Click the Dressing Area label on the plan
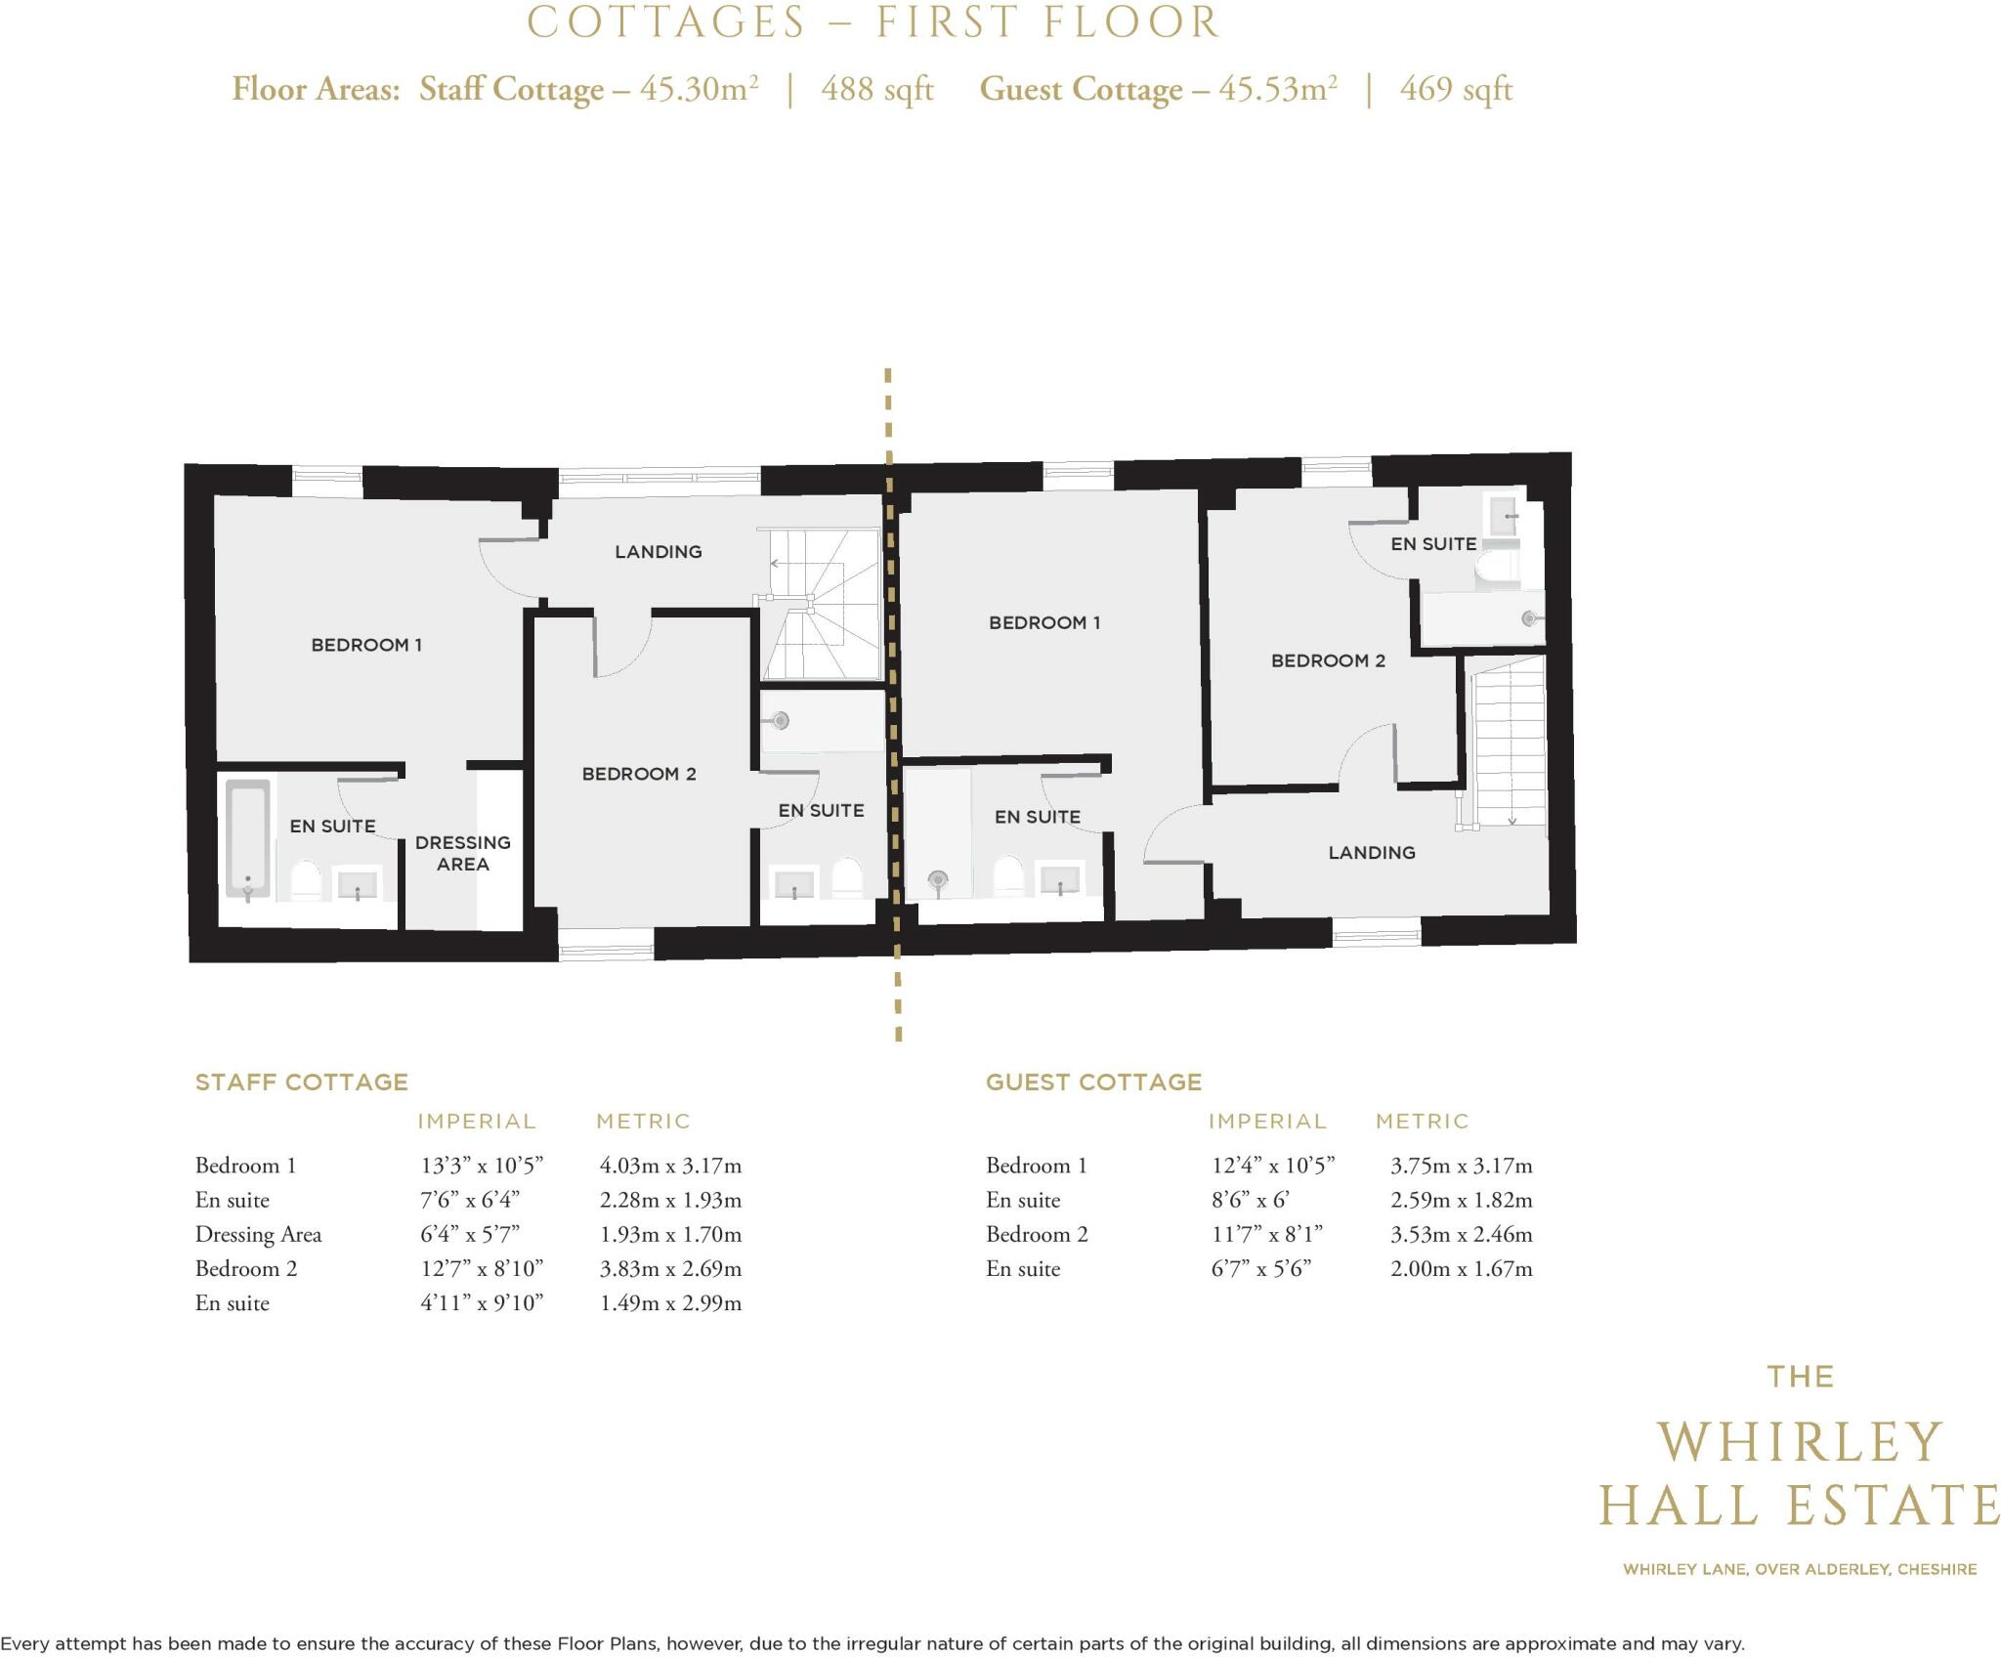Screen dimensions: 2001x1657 click(x=462, y=853)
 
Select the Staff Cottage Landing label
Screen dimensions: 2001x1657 click(x=659, y=552)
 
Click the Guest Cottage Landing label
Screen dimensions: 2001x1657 click(x=1372, y=853)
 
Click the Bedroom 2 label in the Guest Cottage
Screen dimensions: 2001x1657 click(x=1328, y=661)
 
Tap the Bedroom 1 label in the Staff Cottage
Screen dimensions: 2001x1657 click(x=366, y=645)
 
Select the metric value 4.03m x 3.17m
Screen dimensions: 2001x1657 click(x=670, y=1166)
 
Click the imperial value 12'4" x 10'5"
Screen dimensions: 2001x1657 click(x=1273, y=1166)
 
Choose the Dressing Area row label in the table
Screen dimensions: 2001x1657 click(x=258, y=1235)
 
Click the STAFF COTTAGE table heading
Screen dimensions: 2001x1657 click(x=302, y=1083)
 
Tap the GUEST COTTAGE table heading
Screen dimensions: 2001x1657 click(x=1093, y=1083)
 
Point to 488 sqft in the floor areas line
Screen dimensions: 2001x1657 click(x=877, y=90)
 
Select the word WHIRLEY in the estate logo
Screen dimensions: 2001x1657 click(x=1800, y=1442)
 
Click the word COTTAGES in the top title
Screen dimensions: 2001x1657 click(x=666, y=22)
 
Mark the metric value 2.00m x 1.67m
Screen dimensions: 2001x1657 click(x=1462, y=1269)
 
